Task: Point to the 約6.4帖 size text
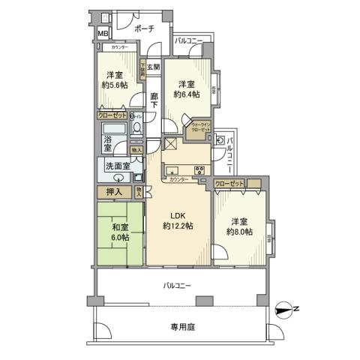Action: click(186, 94)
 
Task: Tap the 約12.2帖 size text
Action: click(178, 226)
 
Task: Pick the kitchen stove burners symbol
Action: click(200, 170)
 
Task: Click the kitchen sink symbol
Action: click(170, 168)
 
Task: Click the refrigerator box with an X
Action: click(169, 146)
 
